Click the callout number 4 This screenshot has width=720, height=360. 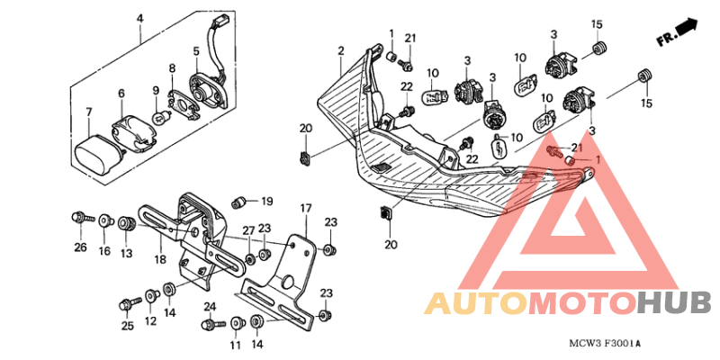140,19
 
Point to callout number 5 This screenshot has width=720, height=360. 196,50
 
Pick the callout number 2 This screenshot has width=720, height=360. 340,51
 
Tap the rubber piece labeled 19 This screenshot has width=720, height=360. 238,202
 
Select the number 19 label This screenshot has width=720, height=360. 266,201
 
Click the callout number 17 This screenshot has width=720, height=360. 306,209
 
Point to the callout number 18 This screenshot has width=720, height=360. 160,260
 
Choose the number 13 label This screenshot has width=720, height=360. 126,253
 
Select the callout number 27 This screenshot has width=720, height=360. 248,230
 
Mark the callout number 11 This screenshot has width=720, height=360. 235,345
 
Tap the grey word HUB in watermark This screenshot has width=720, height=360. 674,303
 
